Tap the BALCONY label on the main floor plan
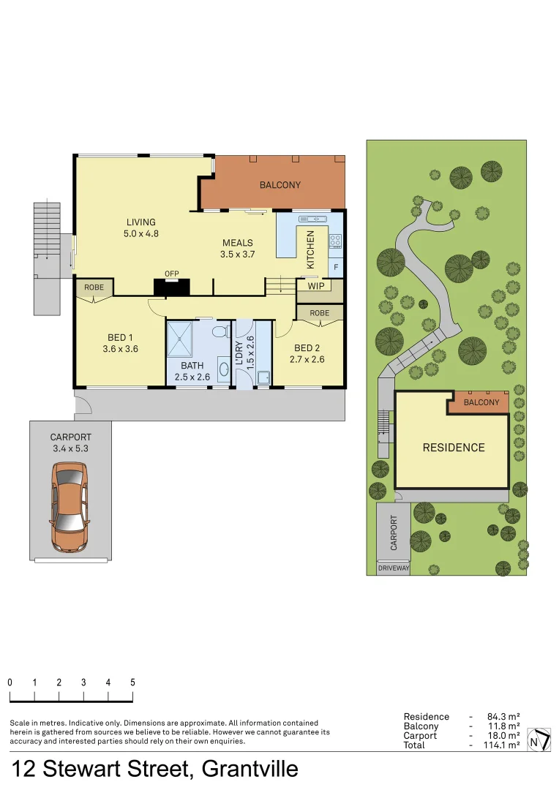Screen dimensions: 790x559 [x=279, y=185]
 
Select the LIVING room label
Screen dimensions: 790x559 [x=141, y=222]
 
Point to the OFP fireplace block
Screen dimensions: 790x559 [x=171, y=286]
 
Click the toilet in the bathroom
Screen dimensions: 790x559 [x=220, y=332]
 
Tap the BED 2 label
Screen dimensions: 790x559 [x=307, y=347]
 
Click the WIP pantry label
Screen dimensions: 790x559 [x=316, y=286]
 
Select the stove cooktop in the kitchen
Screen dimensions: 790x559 [x=335, y=240]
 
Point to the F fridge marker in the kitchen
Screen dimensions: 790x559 [x=336, y=268]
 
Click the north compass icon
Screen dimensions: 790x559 [x=539, y=740]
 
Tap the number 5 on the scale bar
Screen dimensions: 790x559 [x=132, y=682]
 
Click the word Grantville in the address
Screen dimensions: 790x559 [x=250, y=769]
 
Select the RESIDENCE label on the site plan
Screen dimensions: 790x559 [x=454, y=448]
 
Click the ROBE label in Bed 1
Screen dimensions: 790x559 [x=94, y=287]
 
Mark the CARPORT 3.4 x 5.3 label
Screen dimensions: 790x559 [x=70, y=443]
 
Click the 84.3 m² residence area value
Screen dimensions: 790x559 [x=503, y=717]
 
